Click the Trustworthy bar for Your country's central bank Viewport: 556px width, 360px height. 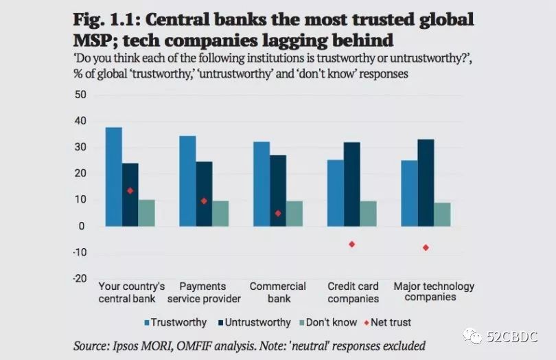click(x=114, y=177)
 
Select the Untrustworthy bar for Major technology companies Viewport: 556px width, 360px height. click(x=426, y=183)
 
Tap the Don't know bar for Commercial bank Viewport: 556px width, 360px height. click(x=294, y=214)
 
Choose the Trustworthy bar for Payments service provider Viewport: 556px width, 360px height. click(x=187, y=181)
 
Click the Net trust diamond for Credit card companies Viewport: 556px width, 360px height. click(x=352, y=244)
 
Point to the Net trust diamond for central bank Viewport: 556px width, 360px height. click(x=130, y=190)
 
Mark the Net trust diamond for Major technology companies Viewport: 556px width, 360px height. click(x=426, y=247)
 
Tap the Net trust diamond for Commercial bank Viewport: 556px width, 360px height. click(x=278, y=213)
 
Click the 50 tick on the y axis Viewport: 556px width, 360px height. click(x=81, y=94)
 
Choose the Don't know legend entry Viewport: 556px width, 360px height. click(x=329, y=322)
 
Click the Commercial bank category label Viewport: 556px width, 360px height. click(x=277, y=292)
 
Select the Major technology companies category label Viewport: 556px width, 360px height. click(x=433, y=291)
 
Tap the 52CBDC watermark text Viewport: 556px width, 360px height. click(x=512, y=337)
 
